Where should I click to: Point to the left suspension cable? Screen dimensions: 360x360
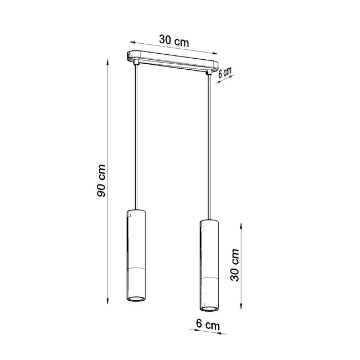(135, 138)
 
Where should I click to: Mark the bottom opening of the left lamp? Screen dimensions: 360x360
(135, 301)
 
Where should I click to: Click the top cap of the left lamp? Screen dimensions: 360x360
(135, 211)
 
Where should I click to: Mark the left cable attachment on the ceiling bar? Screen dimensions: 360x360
(135, 64)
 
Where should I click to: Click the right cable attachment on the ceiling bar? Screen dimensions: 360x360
(209, 71)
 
